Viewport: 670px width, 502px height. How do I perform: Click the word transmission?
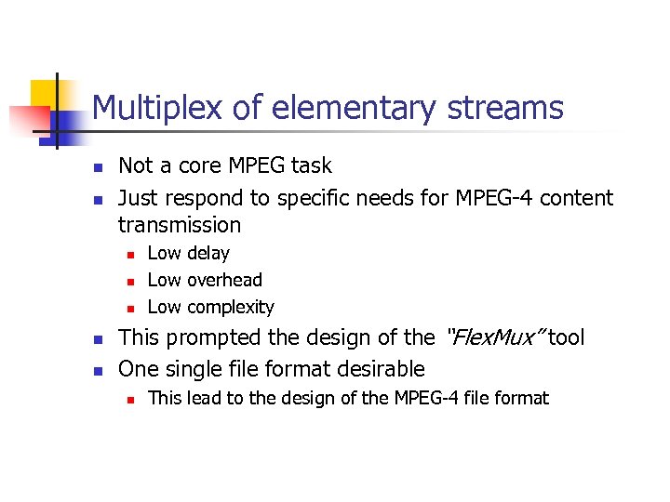tap(180, 225)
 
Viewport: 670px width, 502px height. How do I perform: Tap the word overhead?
tap(225, 280)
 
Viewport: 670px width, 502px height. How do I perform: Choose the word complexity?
tap(231, 307)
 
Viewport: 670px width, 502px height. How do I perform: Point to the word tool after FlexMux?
tap(567, 337)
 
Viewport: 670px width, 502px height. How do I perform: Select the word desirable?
tap(381, 368)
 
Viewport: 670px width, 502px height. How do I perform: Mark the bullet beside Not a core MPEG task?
tap(97, 167)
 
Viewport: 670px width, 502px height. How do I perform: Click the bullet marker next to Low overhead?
tap(131, 281)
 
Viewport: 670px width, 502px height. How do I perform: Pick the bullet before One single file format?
tap(97, 370)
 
